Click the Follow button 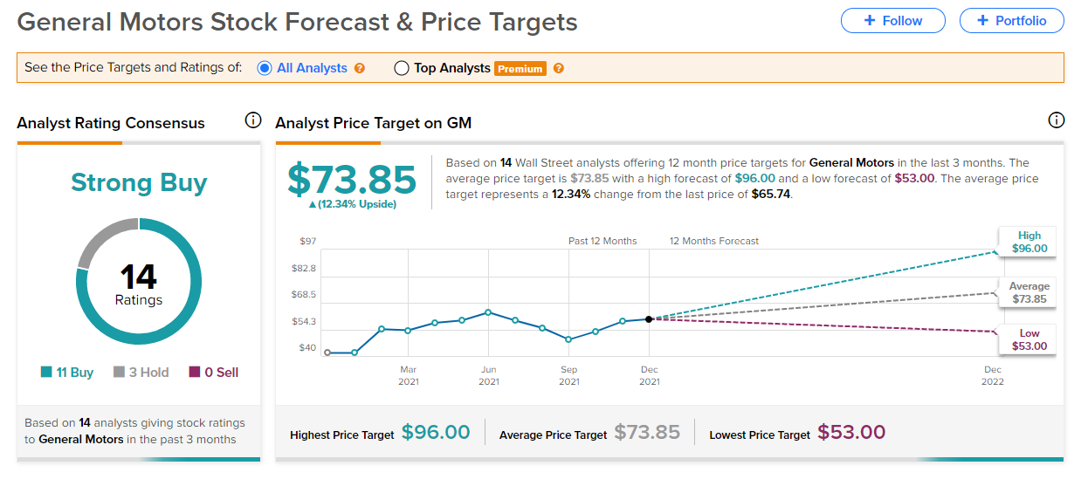click(892, 21)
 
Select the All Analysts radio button click(265, 68)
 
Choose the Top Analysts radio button click(402, 68)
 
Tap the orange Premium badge click(520, 69)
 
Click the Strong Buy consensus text click(139, 182)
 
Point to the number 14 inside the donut click(139, 277)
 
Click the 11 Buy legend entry click(67, 373)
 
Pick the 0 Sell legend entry click(214, 373)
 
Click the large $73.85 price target click(352, 179)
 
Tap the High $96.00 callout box click(1029, 242)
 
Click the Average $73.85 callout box click(1029, 293)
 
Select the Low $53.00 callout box click(1029, 340)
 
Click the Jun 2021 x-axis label click(489, 375)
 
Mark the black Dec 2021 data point click(649, 319)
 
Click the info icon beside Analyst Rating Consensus click(253, 120)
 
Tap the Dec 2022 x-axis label click(992, 375)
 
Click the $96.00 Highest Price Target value click(436, 433)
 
